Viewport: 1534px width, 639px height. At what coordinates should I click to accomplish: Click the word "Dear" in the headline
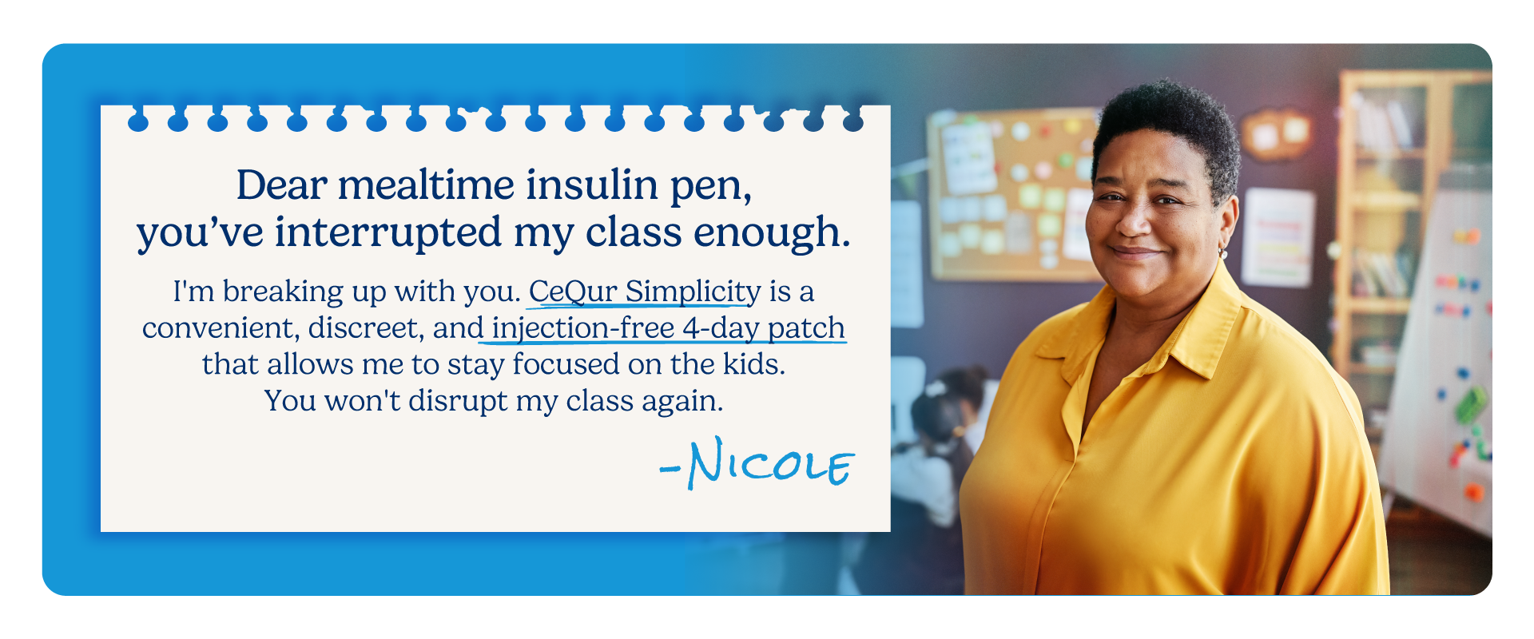281,185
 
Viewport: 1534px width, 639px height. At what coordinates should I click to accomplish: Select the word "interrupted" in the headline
388,233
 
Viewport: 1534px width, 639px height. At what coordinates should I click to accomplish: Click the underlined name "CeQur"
572,292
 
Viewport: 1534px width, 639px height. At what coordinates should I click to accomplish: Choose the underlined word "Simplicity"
693,292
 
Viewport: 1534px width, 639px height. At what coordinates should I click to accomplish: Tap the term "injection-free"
583,328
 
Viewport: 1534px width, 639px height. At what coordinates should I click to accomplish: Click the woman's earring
1222,253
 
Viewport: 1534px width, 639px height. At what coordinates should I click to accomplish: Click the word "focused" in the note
566,364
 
